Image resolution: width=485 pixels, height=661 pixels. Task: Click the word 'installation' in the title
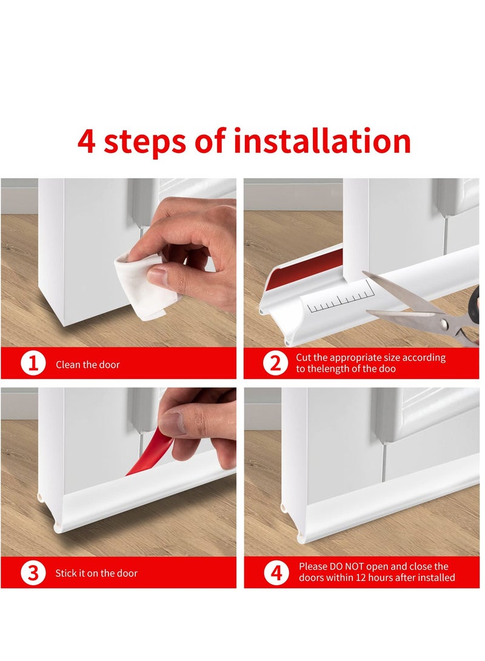(322, 141)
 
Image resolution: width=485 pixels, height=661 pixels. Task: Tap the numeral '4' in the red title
(86, 141)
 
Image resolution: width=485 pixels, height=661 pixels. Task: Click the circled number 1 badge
(33, 364)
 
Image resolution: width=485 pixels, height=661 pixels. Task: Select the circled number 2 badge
(276, 364)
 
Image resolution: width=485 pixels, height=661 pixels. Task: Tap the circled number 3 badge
(33, 573)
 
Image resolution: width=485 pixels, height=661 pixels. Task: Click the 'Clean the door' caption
(88, 365)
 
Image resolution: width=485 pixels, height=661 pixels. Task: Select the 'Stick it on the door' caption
(96, 573)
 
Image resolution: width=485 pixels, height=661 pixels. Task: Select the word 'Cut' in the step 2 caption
(303, 357)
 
